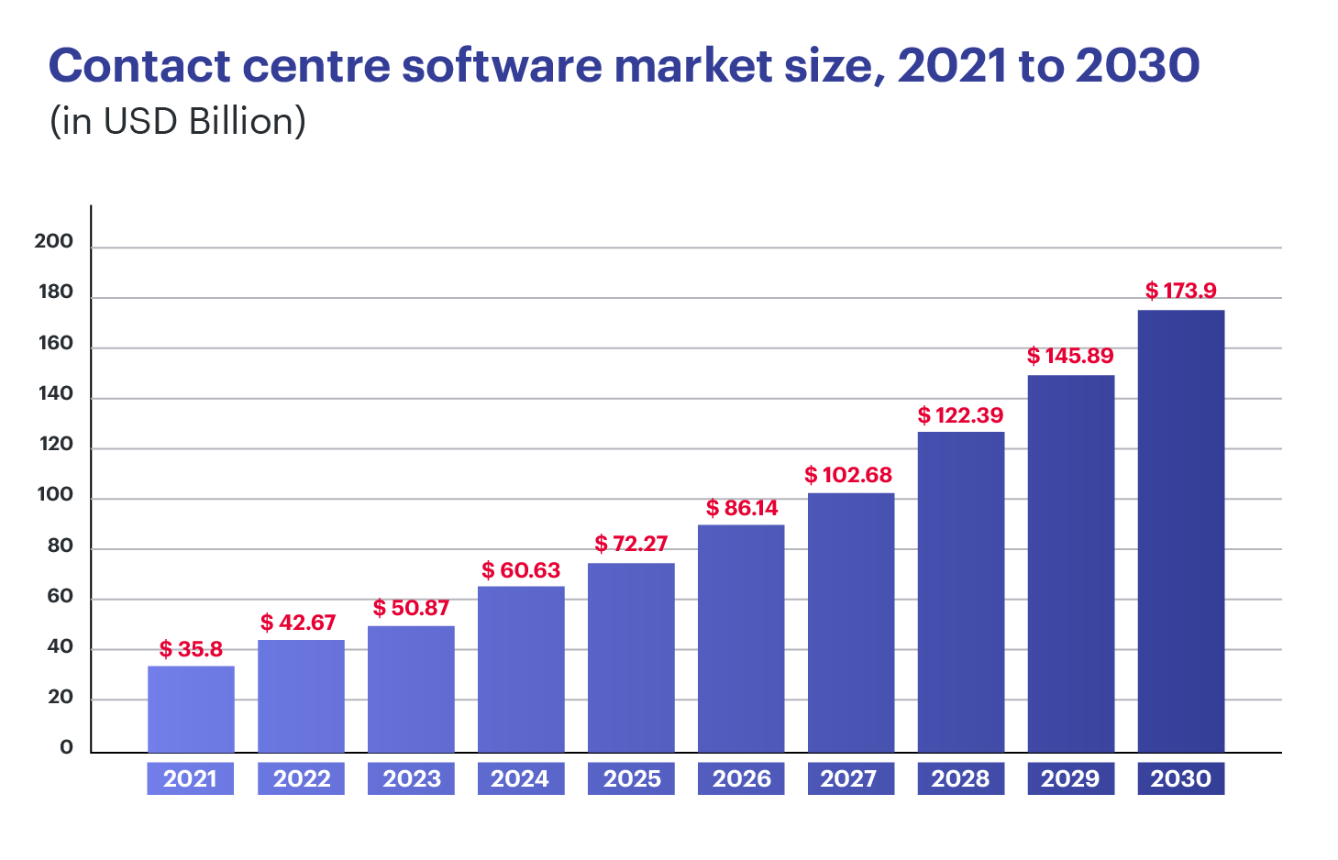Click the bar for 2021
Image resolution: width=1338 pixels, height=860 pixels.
click(x=191, y=709)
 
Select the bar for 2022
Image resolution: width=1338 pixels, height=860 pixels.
click(x=301, y=696)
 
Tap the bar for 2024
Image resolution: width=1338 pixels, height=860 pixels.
click(x=521, y=668)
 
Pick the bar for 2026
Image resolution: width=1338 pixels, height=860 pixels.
click(x=741, y=638)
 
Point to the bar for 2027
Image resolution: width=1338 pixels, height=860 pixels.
click(x=851, y=623)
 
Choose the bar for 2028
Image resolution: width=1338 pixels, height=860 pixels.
click(x=960, y=591)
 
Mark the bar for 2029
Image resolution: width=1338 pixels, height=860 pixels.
click(x=1070, y=563)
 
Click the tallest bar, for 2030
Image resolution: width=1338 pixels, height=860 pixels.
click(x=1180, y=531)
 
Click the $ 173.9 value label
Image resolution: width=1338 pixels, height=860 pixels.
click(x=1180, y=291)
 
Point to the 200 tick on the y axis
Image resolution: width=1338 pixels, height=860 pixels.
click(x=54, y=241)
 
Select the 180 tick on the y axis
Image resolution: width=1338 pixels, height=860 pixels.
click(x=55, y=292)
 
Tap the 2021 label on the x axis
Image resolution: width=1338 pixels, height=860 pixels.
click(x=190, y=778)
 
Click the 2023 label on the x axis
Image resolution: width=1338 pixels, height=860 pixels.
click(x=412, y=778)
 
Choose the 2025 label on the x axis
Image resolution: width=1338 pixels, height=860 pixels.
click(x=632, y=778)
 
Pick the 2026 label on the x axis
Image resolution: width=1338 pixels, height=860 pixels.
click(x=742, y=778)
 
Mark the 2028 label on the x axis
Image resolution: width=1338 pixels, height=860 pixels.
click(x=960, y=778)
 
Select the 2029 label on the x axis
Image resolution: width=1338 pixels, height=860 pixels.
click(x=1070, y=778)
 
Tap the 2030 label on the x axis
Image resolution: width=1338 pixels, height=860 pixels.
click(x=1180, y=778)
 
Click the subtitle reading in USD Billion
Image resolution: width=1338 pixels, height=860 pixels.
click(x=177, y=121)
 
